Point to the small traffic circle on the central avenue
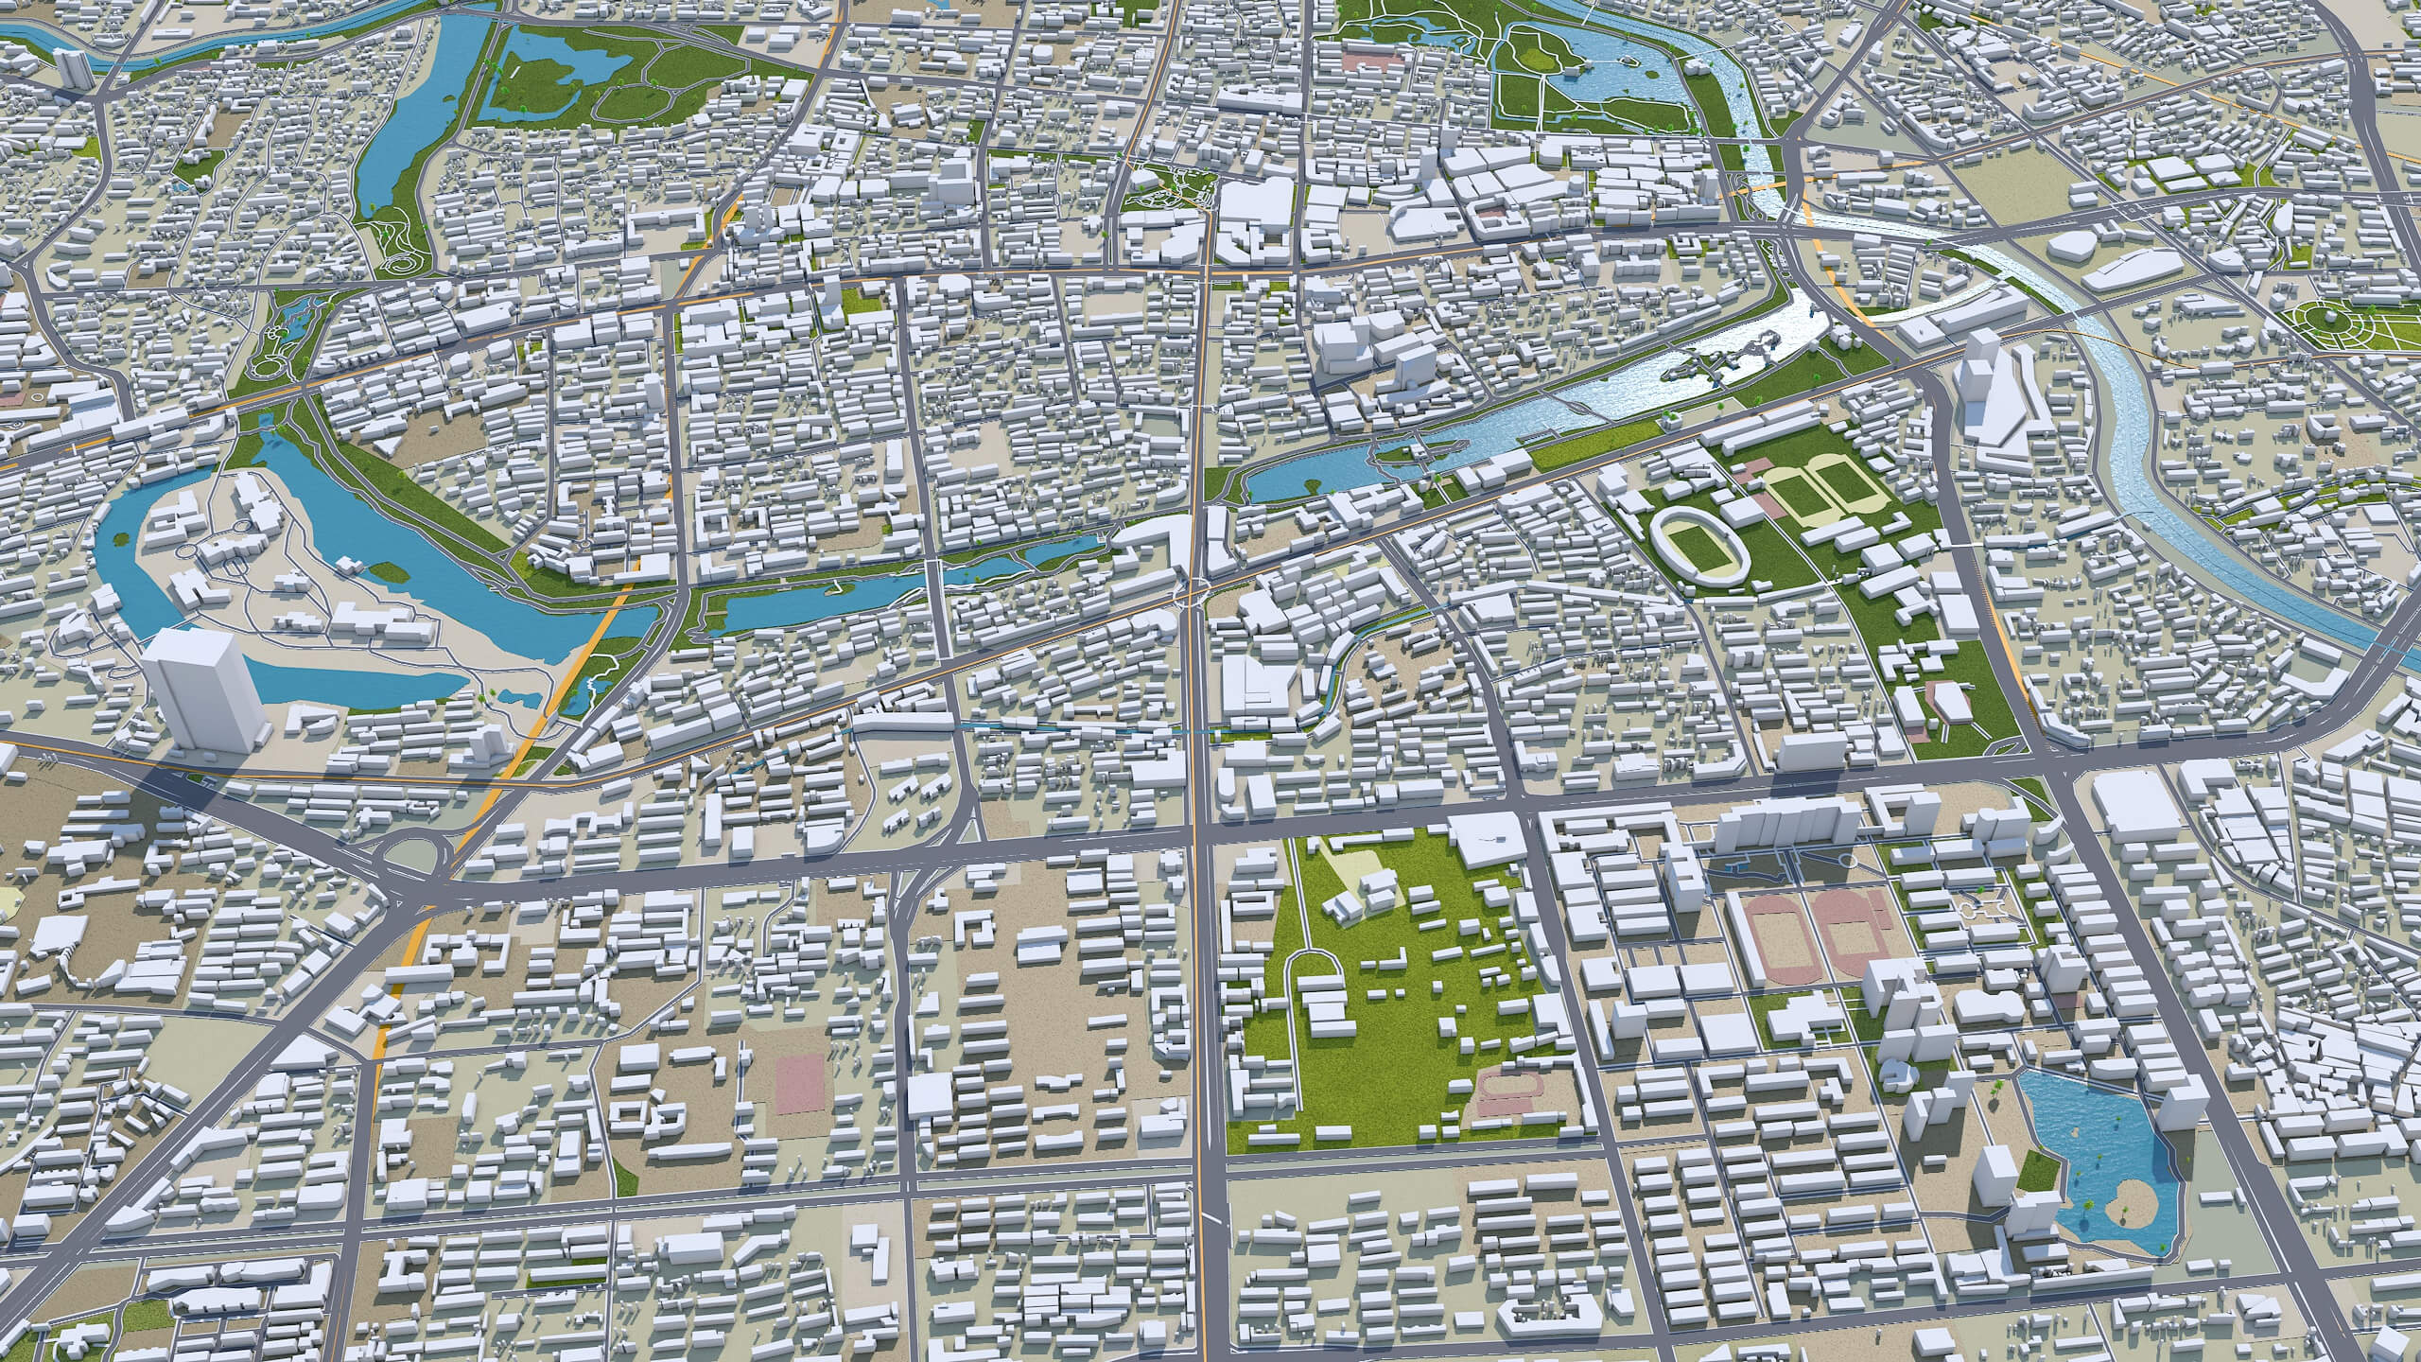[1193, 593]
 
